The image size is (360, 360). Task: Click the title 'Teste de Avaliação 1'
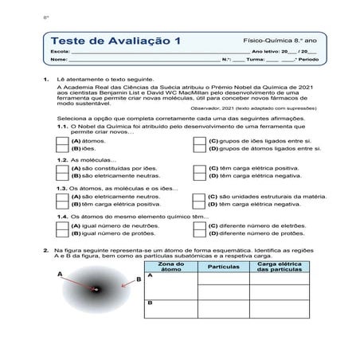click(115, 41)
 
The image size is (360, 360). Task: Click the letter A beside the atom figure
click(60, 272)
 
